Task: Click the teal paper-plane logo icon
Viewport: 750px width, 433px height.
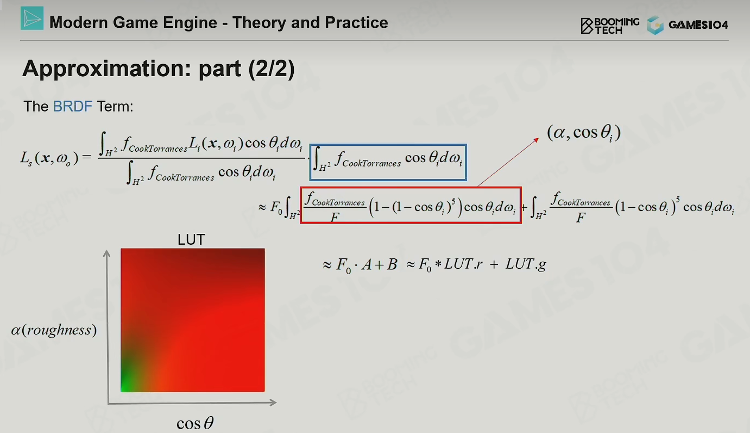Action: [32, 18]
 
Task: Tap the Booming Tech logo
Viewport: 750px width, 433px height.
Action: [610, 26]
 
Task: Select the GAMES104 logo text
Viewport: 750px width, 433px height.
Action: [698, 25]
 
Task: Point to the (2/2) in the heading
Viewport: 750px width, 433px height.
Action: [272, 69]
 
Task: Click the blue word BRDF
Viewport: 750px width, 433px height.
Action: [73, 106]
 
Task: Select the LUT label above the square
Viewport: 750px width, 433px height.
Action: [191, 239]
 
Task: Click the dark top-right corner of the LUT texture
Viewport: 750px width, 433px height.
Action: [260, 253]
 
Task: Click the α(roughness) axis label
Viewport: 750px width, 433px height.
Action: [54, 330]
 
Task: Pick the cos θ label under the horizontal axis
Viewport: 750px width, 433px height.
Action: [195, 423]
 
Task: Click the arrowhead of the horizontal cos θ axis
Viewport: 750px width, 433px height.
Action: [273, 402]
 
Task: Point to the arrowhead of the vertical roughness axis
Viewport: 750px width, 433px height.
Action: [107, 253]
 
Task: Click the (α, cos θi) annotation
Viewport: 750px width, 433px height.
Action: [584, 133]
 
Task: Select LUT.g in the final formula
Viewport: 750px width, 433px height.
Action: [526, 264]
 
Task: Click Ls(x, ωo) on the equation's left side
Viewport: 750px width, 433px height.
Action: [49, 158]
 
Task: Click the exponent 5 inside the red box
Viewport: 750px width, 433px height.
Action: [453, 201]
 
